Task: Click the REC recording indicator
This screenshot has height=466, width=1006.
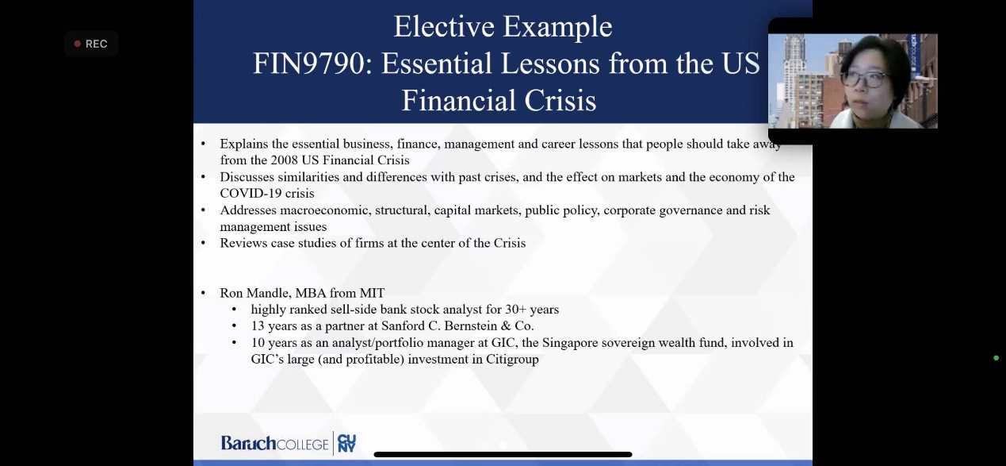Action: pos(91,44)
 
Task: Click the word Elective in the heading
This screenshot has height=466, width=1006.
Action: pos(444,26)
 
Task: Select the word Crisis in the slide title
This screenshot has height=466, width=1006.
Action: pos(560,100)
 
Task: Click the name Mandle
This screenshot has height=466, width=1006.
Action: pos(269,293)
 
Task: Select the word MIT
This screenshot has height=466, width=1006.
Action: pos(372,293)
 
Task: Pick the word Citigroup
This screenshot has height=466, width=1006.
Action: pos(512,359)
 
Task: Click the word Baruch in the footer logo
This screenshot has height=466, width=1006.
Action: pos(248,443)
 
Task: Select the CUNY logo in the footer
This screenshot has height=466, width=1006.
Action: pos(346,443)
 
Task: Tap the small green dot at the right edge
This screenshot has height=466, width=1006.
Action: pos(996,358)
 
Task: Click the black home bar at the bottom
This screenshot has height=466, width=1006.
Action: pos(503,454)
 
